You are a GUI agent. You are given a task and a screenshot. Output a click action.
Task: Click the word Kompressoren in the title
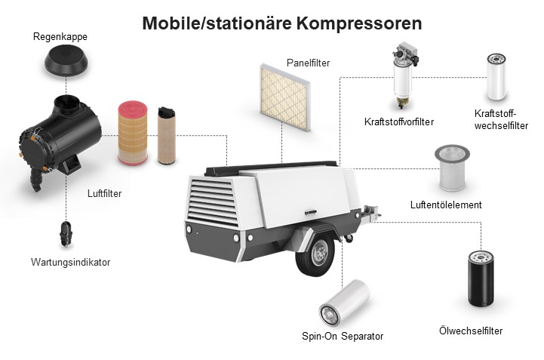click(x=359, y=23)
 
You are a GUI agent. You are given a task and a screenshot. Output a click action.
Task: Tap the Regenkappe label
click(x=60, y=37)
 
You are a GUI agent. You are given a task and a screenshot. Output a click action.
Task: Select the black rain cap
click(x=66, y=61)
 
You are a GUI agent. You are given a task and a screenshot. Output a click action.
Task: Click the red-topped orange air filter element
click(x=133, y=133)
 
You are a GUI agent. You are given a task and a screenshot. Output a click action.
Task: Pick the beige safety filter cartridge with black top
click(x=167, y=136)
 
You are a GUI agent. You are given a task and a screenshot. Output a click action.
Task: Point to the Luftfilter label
click(x=104, y=193)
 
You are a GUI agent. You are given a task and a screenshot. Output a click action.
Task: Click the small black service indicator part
click(x=66, y=234)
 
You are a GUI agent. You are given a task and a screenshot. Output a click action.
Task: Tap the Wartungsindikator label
click(x=70, y=262)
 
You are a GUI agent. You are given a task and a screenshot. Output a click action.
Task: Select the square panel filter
click(x=285, y=97)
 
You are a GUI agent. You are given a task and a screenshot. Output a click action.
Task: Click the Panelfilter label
click(x=308, y=63)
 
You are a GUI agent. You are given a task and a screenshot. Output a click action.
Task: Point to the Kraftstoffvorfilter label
click(x=399, y=122)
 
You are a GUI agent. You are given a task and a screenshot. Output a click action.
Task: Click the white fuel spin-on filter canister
click(x=496, y=77)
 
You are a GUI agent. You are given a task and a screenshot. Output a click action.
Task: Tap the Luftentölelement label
click(x=446, y=205)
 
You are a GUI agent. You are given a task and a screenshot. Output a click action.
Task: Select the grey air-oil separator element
click(x=452, y=168)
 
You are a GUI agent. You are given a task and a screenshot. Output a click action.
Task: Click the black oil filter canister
click(x=481, y=278)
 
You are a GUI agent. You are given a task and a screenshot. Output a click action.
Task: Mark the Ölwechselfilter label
click(x=471, y=331)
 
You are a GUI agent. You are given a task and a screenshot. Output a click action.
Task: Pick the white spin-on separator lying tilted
click(x=344, y=303)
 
